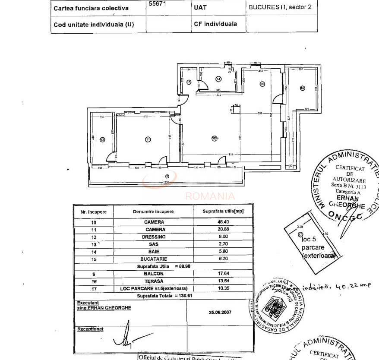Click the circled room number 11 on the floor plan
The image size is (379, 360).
click(x=148, y=139)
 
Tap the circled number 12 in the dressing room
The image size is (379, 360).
click(x=102, y=139)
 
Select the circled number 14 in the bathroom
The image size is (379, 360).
click(x=218, y=79)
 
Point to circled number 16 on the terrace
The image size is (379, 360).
click(x=302, y=88)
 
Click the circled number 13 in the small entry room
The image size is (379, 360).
click(x=189, y=82)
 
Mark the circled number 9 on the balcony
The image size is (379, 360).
click(x=167, y=176)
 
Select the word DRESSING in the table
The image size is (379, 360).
click(x=154, y=237)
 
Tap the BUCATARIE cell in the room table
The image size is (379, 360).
click(x=154, y=259)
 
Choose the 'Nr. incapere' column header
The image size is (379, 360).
click(x=93, y=212)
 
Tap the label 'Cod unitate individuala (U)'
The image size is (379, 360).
click(x=94, y=25)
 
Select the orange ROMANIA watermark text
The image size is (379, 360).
click(x=210, y=196)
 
